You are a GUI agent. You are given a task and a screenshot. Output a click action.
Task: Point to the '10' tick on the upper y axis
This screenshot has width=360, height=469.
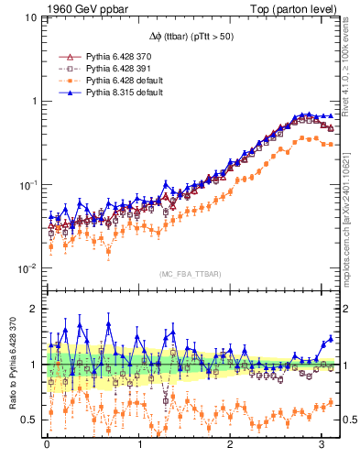point(30,16)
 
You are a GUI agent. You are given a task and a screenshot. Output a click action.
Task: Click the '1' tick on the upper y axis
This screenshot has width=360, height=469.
point(33,101)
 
